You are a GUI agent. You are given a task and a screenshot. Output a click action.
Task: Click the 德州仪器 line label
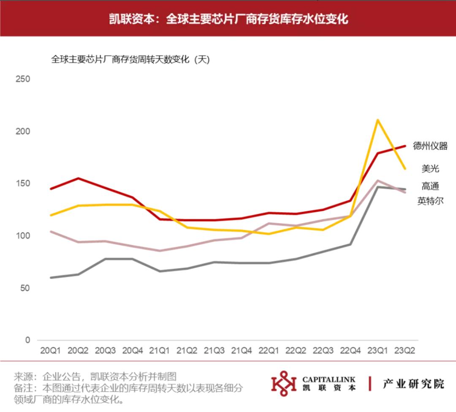[430, 146]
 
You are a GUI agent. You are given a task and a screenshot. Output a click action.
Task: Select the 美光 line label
[430, 169]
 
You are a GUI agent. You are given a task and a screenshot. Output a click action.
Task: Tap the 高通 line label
[430, 186]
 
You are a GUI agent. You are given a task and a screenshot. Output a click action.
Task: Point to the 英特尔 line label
[430, 201]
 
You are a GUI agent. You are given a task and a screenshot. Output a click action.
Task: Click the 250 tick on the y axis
[23, 79]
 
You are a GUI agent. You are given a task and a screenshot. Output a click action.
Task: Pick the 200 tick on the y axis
[23, 131]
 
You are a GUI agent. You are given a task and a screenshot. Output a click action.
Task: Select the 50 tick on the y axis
[25, 288]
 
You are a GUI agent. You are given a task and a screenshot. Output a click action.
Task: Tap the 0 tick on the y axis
[27, 340]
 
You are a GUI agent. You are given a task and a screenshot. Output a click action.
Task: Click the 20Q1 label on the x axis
[50, 351]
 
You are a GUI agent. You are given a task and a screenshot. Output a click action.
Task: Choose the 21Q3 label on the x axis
[214, 351]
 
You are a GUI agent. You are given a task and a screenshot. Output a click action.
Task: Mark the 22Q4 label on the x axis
[350, 351]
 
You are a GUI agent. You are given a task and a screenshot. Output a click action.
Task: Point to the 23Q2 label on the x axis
[404, 351]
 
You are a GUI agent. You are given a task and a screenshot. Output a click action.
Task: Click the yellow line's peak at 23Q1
[377, 120]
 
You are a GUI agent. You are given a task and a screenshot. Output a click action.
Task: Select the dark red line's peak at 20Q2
[78, 178]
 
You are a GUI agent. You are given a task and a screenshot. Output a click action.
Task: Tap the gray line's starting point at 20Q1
[51, 278]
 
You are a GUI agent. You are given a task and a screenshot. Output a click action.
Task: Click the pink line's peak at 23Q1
[377, 181]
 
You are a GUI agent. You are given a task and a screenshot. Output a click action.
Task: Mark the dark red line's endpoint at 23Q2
[405, 146]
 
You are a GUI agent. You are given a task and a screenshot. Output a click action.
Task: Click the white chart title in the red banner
[228, 19]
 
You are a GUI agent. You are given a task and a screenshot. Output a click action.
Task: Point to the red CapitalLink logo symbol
[284, 383]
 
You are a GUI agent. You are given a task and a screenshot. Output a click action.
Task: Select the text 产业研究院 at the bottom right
[413, 384]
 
